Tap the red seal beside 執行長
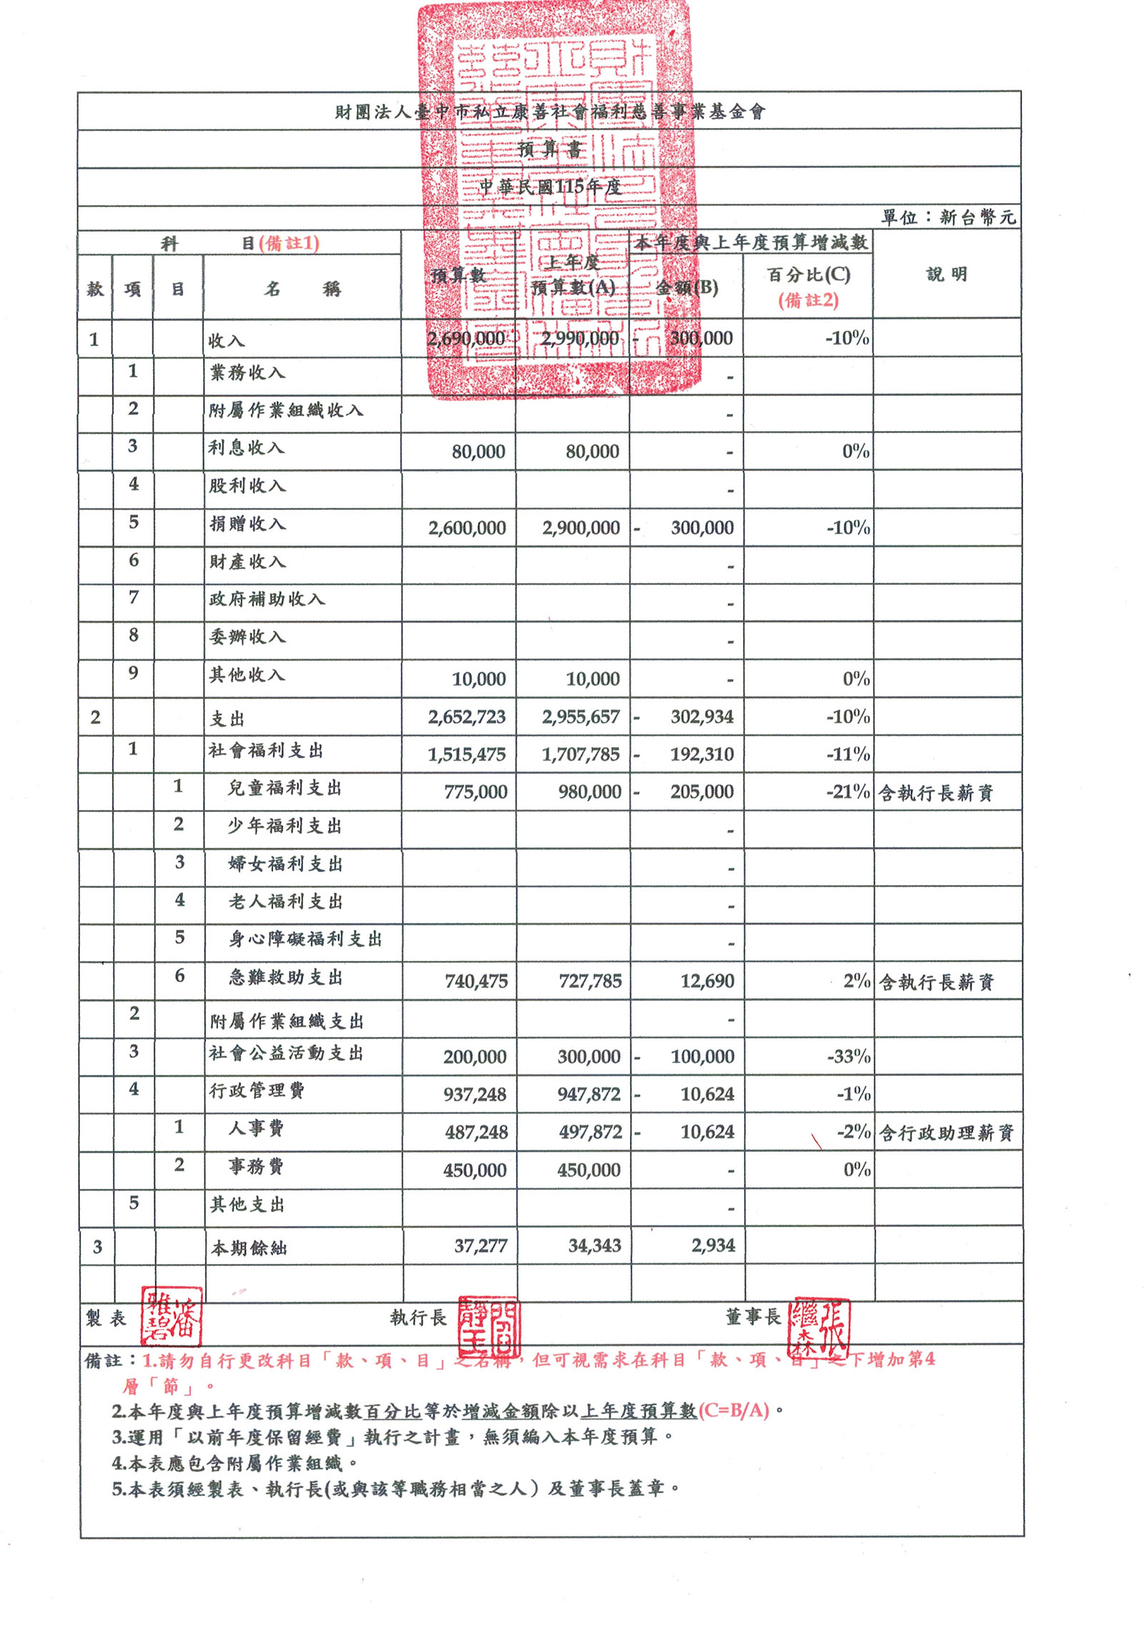(488, 1326)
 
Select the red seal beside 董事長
(819, 1328)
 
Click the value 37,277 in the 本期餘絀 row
(480, 1246)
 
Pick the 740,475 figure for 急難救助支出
(476, 981)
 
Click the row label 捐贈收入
(247, 524)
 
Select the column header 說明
(947, 275)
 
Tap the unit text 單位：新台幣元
(948, 217)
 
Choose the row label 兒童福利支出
(285, 788)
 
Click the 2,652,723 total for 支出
(467, 717)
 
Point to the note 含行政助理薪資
(946, 1133)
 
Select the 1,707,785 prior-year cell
(581, 754)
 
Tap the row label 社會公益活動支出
(286, 1053)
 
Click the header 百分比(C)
(809, 275)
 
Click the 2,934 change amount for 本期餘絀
(713, 1246)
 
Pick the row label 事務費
(256, 1166)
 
